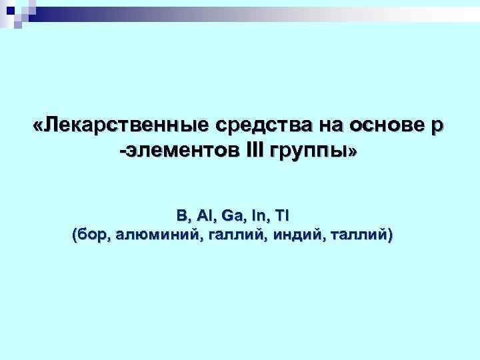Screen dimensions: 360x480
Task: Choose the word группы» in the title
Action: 313,153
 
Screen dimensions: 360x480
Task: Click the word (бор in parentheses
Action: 90,235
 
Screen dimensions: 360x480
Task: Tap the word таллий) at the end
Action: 361,235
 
